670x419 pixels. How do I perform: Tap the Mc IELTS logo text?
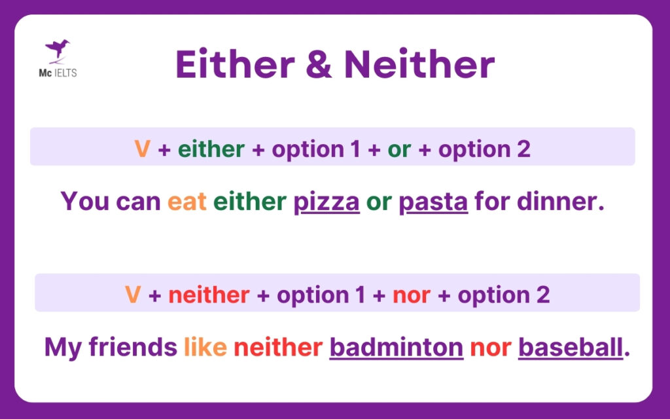pyautogui.click(x=58, y=73)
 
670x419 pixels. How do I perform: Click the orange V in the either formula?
pyautogui.click(x=142, y=149)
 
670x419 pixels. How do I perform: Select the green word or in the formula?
pyautogui.click(x=398, y=149)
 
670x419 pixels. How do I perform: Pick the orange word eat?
pyautogui.click(x=186, y=201)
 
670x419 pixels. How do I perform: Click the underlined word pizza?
pyautogui.click(x=326, y=201)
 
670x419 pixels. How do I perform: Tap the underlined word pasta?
pyautogui.click(x=433, y=201)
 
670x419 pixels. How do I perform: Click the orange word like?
pyautogui.click(x=205, y=347)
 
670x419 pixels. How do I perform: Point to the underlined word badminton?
pyautogui.click(x=396, y=347)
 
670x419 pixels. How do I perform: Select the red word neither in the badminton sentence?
pyautogui.click(x=278, y=347)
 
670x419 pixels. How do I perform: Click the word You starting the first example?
pyautogui.click(x=85, y=201)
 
